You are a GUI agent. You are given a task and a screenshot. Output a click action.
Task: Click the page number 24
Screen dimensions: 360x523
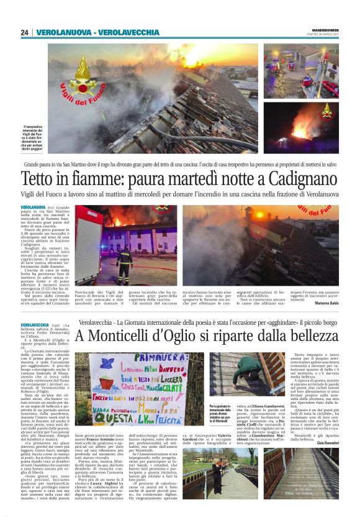(x=25, y=32)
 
